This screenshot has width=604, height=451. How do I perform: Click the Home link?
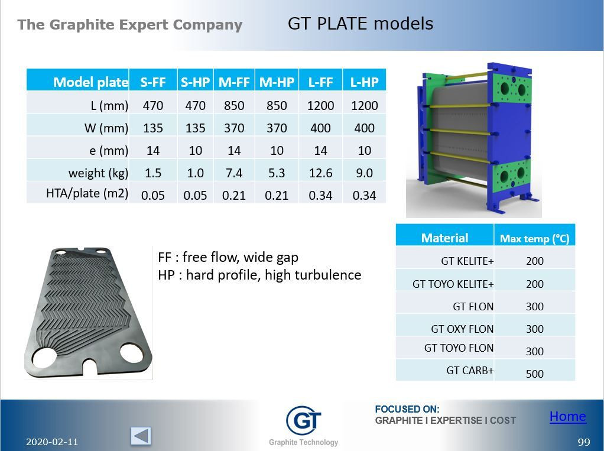point(567,417)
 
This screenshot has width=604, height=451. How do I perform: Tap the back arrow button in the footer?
point(141,436)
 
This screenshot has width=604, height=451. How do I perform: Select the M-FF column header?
point(234,82)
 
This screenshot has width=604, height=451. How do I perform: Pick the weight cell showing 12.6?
point(320,173)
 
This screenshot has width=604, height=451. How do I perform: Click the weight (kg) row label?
point(98,173)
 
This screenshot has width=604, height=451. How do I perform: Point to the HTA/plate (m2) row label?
point(87,193)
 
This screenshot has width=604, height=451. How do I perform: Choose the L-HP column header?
point(364,82)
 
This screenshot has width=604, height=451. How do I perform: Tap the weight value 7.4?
point(234,173)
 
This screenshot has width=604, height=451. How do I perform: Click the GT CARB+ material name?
point(470,371)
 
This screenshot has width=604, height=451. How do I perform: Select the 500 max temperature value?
point(534,374)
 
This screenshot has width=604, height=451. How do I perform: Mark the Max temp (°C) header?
point(534,239)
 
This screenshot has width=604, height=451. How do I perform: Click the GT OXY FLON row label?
point(462,329)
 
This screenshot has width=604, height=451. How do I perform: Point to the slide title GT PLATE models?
point(360,24)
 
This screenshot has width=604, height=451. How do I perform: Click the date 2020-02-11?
point(52,442)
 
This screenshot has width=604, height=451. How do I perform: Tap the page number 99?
point(584,442)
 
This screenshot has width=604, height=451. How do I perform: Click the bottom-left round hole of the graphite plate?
point(45,357)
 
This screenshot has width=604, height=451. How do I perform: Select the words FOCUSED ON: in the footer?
point(407,409)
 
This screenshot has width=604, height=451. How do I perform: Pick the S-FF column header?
point(153,82)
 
